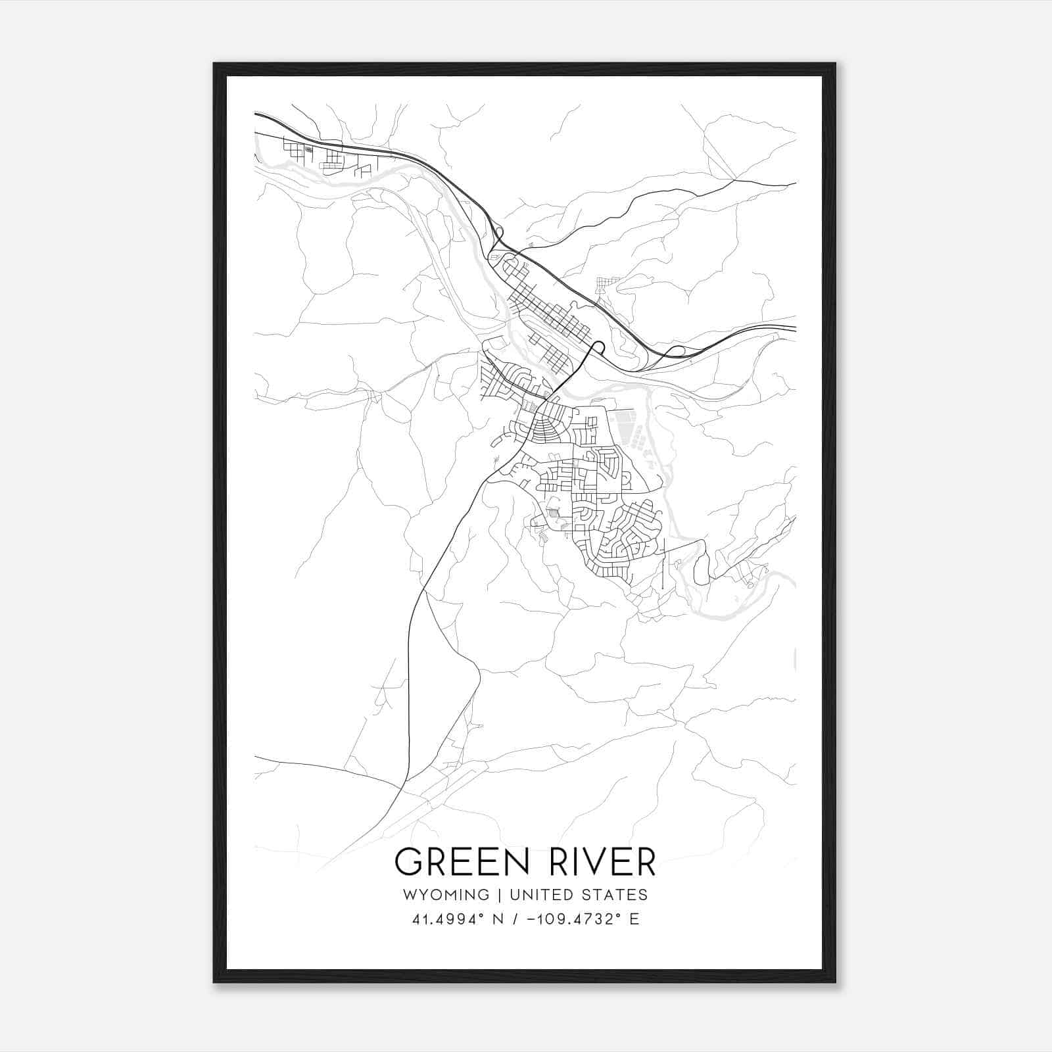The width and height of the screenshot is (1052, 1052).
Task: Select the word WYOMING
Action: click(447, 895)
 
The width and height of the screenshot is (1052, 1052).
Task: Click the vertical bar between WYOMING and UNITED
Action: click(499, 895)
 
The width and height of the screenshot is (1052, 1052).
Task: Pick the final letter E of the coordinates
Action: click(634, 919)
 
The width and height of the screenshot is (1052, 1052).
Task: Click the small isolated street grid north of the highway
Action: click(606, 284)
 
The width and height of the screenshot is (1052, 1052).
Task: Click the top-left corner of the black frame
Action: click(214, 64)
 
